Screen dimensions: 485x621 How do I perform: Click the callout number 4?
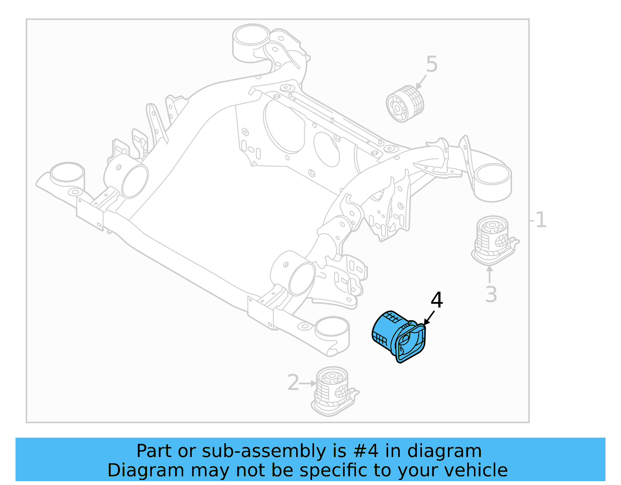(x=437, y=300)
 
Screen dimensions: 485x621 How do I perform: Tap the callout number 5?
(x=432, y=64)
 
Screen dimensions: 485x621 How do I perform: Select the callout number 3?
(x=491, y=294)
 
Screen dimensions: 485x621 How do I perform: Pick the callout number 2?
(x=293, y=382)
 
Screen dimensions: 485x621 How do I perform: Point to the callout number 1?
(x=541, y=220)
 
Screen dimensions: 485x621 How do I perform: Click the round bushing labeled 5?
(x=405, y=104)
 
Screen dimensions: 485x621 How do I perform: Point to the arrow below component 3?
(x=490, y=274)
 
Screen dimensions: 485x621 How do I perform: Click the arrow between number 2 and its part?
(x=309, y=383)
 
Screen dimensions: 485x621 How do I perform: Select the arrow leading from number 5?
(x=421, y=82)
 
